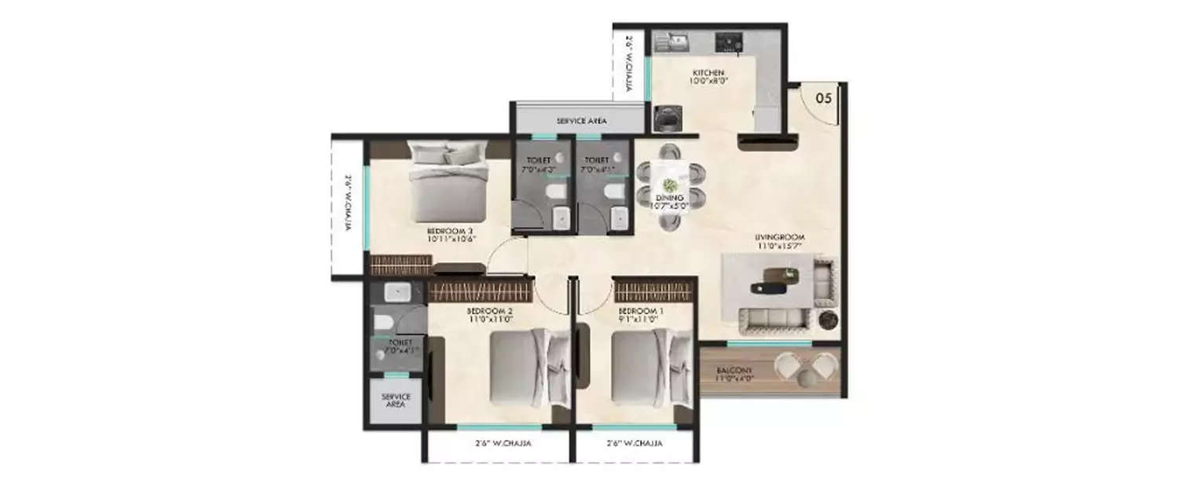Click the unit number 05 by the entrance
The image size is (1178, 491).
(823, 99)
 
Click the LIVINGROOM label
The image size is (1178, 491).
(780, 241)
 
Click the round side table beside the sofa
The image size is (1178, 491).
(828, 320)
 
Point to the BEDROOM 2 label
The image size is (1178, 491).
(491, 315)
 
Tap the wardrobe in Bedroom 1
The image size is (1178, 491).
(653, 291)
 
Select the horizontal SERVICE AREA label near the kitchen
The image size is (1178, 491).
(582, 121)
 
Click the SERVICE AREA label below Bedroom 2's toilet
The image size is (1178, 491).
(396, 401)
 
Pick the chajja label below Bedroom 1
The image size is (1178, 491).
(634, 444)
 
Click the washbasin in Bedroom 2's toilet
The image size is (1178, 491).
(395, 293)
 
